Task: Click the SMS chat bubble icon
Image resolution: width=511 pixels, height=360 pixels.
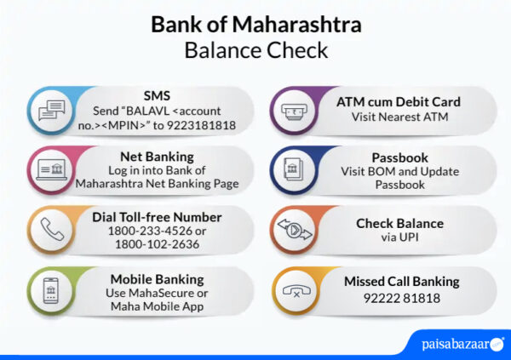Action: pos(51,111)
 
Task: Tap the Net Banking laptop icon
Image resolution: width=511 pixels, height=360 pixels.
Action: pos(51,169)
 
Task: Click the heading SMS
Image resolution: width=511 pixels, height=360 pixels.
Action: pos(157,94)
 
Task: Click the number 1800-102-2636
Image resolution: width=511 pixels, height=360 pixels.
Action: pos(157,245)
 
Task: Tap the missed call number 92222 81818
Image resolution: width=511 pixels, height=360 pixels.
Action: pos(401,297)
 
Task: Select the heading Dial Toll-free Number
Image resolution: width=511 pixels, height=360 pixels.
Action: pos(157,216)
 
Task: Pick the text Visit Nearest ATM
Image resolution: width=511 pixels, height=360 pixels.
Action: pos(399,117)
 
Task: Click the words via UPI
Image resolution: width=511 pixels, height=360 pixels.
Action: pos(399,238)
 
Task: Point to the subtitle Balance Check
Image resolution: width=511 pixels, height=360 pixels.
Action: pos(255,49)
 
